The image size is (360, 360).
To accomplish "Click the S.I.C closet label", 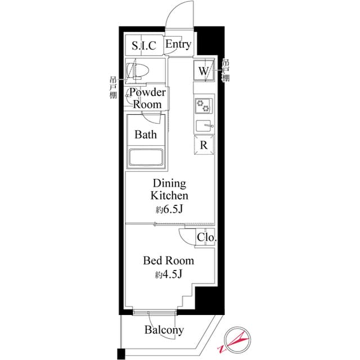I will pyautogui.click(x=144, y=46).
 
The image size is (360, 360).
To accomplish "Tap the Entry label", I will pyautogui.click(x=178, y=44).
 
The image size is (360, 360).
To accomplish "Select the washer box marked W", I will pyautogui.click(x=203, y=71).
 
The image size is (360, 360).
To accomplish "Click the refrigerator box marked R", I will pyautogui.click(x=204, y=143).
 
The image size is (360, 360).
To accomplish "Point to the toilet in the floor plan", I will pyautogui.click(x=139, y=70).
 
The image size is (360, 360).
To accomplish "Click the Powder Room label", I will pyautogui.click(x=147, y=98).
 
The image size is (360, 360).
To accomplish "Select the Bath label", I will pyautogui.click(x=146, y=135).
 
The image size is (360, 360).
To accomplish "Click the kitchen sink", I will pyautogui.click(x=203, y=125).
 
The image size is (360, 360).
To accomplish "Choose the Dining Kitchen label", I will pyautogui.click(x=169, y=190).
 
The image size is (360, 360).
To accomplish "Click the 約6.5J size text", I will pyautogui.click(x=169, y=210).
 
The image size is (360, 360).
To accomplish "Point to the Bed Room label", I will pyautogui.click(x=168, y=260).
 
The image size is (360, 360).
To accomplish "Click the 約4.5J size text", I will pyautogui.click(x=168, y=274).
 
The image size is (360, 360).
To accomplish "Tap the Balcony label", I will pyautogui.click(x=164, y=330).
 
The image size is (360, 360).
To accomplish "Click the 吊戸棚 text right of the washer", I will pyautogui.click(x=226, y=71).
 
